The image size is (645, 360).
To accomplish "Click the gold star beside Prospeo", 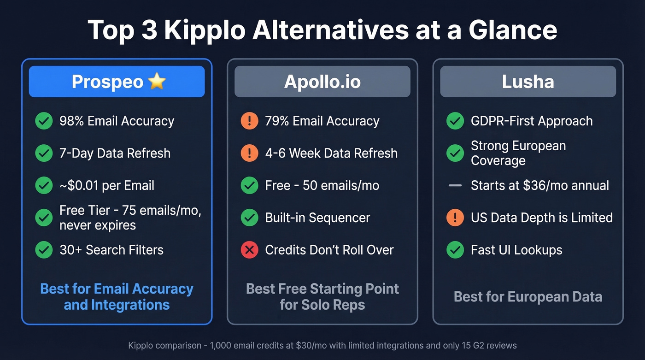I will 157,82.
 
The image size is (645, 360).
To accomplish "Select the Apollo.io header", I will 322,82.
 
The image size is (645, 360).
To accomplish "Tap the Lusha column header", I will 528,82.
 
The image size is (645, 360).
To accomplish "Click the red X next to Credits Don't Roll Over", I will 249,250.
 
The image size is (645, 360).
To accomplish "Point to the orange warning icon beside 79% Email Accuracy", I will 249,121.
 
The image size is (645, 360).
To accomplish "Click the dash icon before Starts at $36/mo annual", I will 455,186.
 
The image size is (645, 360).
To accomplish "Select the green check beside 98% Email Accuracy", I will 44,121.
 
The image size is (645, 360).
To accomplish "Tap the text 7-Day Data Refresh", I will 115,153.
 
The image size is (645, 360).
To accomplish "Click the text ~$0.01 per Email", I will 107,185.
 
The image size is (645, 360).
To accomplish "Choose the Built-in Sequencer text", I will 317,218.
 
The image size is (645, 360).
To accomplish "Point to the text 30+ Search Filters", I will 111,250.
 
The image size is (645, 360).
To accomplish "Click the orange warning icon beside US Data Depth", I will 455,218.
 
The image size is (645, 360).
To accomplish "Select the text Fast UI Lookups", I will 516,250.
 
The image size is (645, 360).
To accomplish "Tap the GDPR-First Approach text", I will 532,121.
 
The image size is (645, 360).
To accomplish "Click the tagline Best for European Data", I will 528,296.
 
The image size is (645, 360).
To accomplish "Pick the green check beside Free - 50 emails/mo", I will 249,185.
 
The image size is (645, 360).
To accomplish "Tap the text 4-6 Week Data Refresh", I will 331,153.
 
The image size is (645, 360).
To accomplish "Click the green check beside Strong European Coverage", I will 455,153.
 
